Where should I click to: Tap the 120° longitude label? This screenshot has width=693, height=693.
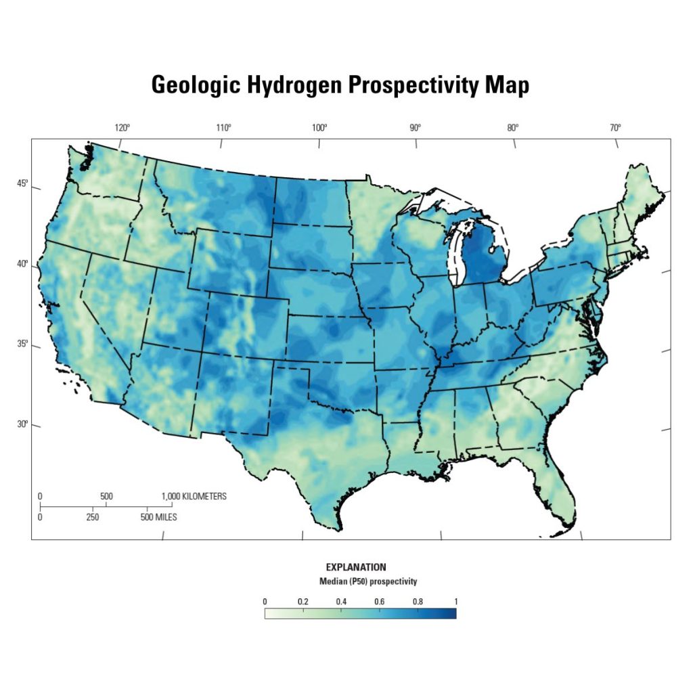coord(122,127)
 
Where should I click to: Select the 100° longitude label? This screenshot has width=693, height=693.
coord(319,127)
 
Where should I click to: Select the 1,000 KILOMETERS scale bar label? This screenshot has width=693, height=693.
coord(194,496)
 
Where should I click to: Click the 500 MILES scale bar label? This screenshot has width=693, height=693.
coord(159,518)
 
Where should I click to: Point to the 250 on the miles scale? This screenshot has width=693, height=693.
coord(93,518)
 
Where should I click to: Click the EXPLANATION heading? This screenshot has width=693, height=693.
coord(356,567)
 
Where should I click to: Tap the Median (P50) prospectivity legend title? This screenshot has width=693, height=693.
coord(368,581)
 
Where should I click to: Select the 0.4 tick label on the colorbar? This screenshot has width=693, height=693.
coord(341,601)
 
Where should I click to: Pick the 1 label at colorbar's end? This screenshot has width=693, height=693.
coord(455,601)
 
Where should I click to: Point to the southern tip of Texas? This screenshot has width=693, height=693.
coord(335,527)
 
